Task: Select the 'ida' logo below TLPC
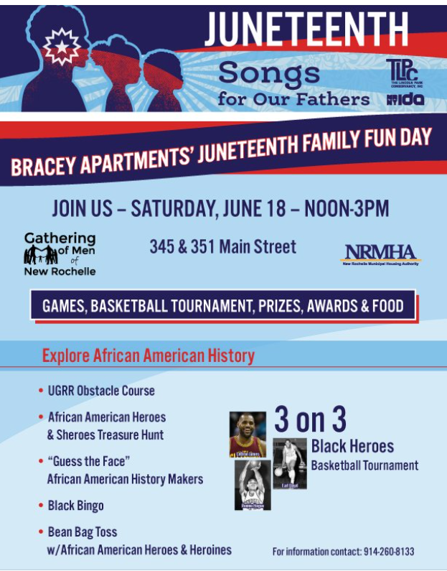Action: [x=405, y=98]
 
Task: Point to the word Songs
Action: [x=270, y=72]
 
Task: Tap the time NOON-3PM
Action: [x=347, y=209]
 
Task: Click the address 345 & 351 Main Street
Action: [x=222, y=246]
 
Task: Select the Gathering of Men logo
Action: [x=60, y=254]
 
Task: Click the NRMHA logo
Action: [x=380, y=254]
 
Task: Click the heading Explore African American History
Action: [x=149, y=355]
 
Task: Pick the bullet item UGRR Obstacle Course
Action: [x=101, y=391]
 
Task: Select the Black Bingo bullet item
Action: [x=75, y=506]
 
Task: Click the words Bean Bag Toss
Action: [x=83, y=532]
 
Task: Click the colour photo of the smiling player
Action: [x=247, y=435]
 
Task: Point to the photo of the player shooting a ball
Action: [x=253, y=484]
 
